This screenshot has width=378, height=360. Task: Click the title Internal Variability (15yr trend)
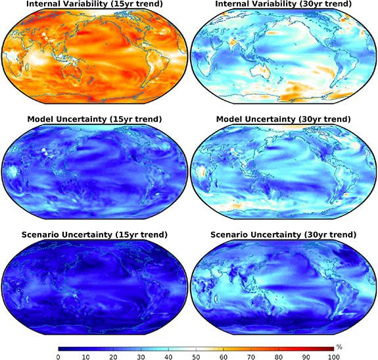point(94,3)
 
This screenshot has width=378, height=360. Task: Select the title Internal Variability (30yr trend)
point(283,3)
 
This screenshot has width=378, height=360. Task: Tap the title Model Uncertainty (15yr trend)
point(94,119)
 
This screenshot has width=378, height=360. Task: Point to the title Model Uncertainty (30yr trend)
point(283,119)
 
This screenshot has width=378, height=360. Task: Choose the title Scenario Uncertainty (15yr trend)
point(94,235)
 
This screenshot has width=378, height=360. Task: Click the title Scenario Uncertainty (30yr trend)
point(283,235)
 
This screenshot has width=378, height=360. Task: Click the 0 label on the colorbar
point(58,357)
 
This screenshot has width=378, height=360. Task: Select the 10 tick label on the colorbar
point(86,357)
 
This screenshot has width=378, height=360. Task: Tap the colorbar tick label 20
point(113,357)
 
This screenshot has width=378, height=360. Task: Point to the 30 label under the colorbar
point(141,357)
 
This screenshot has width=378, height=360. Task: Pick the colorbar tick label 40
point(168,357)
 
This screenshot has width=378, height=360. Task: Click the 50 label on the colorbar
point(196,357)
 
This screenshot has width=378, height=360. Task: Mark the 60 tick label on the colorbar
point(224,357)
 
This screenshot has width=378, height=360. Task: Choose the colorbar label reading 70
point(251,357)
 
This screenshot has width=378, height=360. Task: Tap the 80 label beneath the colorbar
point(279,357)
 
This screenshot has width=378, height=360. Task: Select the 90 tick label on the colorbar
point(306,357)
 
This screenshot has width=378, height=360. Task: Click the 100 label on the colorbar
point(334,357)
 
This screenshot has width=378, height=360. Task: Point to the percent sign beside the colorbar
point(339,347)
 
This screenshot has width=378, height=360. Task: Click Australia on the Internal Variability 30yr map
point(260,70)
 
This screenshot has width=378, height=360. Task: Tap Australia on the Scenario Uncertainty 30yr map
point(260,301)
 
